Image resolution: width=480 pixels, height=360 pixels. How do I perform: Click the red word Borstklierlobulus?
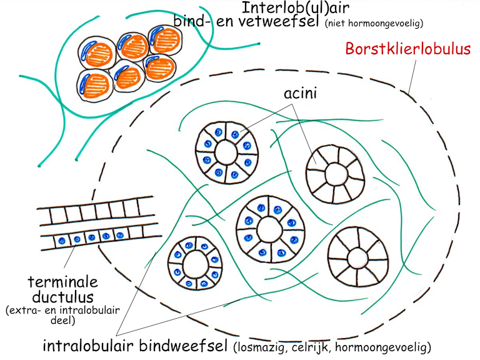[x=408, y=49]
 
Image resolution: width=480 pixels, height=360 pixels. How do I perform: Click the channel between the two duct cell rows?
[x=94, y=228]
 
